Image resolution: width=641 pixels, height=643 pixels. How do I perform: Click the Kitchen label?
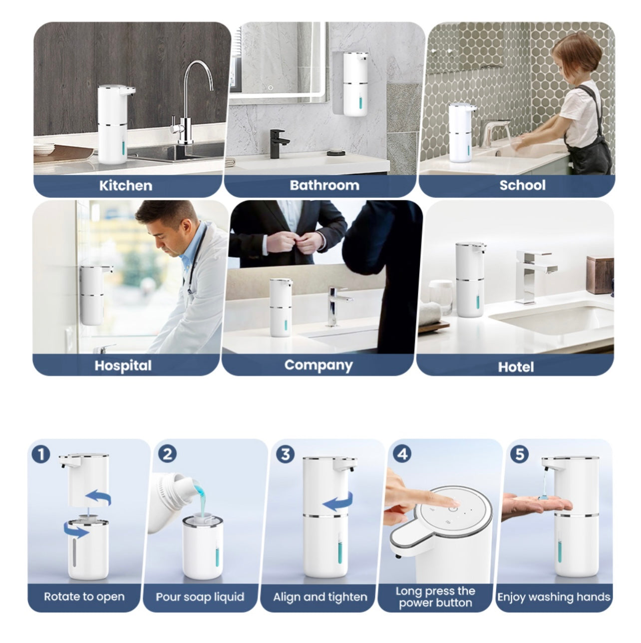(x=125, y=185)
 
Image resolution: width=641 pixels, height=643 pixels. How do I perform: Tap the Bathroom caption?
(x=324, y=185)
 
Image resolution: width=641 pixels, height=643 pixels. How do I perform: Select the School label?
(x=522, y=185)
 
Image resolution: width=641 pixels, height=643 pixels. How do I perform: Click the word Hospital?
(x=123, y=365)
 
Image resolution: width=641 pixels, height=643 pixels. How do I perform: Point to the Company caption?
(x=318, y=365)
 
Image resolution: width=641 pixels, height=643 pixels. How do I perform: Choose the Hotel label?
(x=516, y=367)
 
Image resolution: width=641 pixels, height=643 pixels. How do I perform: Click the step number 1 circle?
(x=41, y=454)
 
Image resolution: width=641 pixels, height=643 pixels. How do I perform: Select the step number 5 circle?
(x=520, y=454)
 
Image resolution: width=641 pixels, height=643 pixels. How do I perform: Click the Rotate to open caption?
(x=84, y=597)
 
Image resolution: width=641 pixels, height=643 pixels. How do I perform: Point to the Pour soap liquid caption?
(x=200, y=597)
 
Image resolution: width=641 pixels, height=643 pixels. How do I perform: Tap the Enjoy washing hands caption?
(x=554, y=597)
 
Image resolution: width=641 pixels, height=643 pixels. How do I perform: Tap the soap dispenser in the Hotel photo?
(x=469, y=280)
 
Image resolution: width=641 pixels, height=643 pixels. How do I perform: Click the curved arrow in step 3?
(x=337, y=503)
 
